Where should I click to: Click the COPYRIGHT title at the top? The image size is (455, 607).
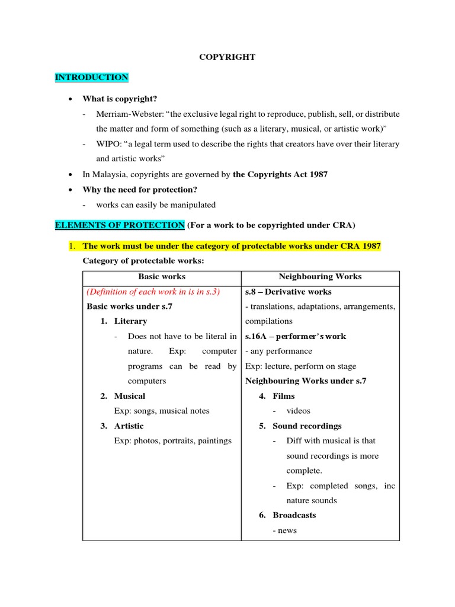[x=227, y=57]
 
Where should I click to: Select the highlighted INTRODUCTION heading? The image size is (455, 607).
[x=91, y=78]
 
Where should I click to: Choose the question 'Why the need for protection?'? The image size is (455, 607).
[x=140, y=190]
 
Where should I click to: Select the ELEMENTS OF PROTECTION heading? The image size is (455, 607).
[x=120, y=225]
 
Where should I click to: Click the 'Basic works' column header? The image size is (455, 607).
[x=162, y=277]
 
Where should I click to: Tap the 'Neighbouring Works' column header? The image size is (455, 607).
[x=320, y=277]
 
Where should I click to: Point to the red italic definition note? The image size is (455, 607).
[x=153, y=292]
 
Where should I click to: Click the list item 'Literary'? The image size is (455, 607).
[x=130, y=321]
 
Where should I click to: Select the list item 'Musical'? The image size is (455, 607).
[x=130, y=396]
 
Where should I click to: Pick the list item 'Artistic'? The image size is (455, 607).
[x=129, y=426]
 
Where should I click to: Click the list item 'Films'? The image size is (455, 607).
[x=284, y=396]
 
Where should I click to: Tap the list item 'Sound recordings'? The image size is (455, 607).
[x=307, y=426]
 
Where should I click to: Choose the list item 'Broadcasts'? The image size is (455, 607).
[x=294, y=515]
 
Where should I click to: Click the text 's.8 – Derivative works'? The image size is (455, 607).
[x=289, y=292]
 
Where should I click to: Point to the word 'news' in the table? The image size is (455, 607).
[x=287, y=531]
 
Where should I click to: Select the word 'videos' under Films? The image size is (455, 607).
[x=299, y=411]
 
